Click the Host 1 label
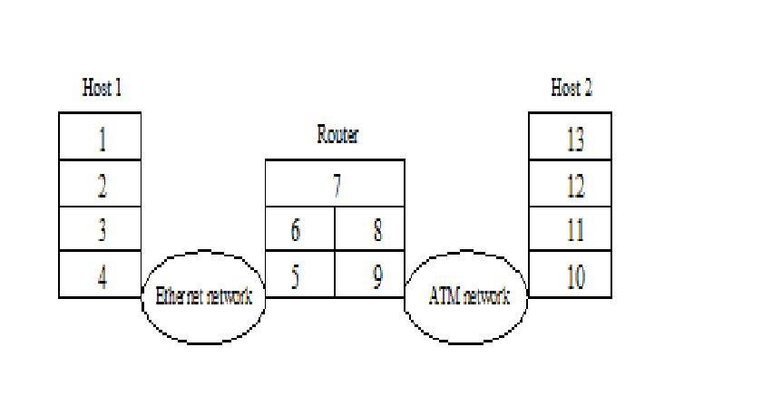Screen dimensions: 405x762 [x=102, y=88]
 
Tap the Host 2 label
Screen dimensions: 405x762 [x=571, y=88]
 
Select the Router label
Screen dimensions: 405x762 [x=337, y=136]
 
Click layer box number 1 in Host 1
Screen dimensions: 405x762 [x=101, y=137]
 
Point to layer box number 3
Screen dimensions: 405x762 [x=101, y=230]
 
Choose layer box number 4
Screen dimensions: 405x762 [x=101, y=275]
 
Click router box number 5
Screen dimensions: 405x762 [x=300, y=275]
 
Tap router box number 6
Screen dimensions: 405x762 [x=300, y=230]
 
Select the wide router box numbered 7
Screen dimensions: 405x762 [x=335, y=184]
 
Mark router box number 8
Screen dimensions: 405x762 [x=370, y=230]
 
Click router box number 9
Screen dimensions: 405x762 [x=370, y=275]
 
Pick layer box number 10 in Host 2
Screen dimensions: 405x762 [x=571, y=275]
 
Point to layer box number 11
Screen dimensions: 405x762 [x=571, y=230]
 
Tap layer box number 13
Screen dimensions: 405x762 [x=571, y=137]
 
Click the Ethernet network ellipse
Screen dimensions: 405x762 [x=203, y=313]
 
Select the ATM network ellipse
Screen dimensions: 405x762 [x=466, y=313]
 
